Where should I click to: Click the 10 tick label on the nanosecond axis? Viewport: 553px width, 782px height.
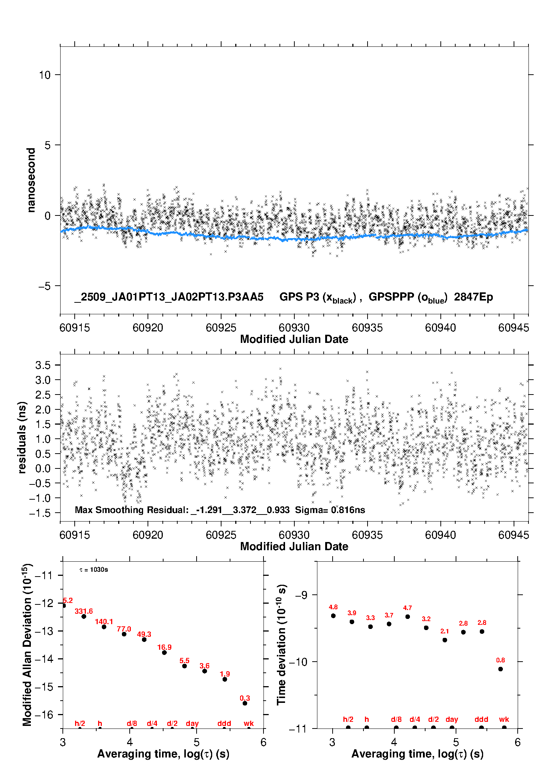pos(45,75)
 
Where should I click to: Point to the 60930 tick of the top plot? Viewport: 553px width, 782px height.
pos(294,328)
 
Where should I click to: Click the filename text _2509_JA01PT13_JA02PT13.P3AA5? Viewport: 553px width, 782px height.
pos(169,297)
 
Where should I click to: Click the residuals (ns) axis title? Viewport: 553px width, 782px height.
pos(22,437)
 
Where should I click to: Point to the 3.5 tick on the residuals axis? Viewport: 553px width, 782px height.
pos(43,365)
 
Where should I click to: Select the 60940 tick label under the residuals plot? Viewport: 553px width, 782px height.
pos(440,535)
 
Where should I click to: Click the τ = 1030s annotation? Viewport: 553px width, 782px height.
pos(94,570)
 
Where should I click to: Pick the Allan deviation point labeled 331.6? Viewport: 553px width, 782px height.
pos(84,616)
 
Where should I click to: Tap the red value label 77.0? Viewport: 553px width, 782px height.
pos(124,629)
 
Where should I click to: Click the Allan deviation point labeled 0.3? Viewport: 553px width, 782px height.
pos(245,703)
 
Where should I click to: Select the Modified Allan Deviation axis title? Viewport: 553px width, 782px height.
pos(27,645)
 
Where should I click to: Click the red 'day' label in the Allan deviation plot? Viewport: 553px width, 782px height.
pos(192,723)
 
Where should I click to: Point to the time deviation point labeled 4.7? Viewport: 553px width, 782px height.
pos(408,617)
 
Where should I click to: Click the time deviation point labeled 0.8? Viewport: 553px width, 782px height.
pos(501,669)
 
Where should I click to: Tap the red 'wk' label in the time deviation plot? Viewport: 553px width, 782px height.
pos(504,720)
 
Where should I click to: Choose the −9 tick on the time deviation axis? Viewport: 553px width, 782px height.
pos(301,595)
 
